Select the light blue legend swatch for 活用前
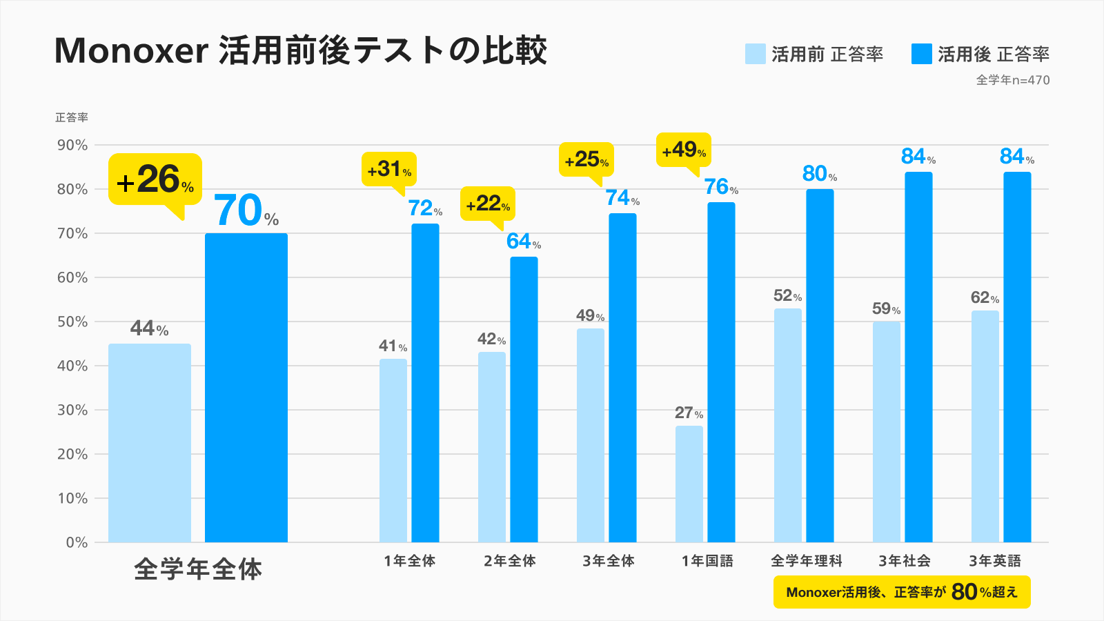[755, 54]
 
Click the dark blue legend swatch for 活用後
[921, 54]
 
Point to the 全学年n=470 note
[1012, 80]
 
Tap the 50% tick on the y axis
[72, 322]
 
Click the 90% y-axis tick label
[72, 145]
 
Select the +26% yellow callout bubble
[155, 180]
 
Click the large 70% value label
[245, 211]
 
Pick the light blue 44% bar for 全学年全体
[150, 442]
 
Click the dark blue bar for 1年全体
[425, 383]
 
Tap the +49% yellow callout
[683, 150]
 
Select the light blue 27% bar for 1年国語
[689, 483]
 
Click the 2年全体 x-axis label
[510, 561]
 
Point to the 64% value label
[523, 241]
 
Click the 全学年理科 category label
[806, 561]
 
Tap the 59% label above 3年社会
[886, 308]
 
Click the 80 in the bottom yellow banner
[964, 591]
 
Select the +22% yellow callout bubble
[487, 204]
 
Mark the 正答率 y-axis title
[72, 118]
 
